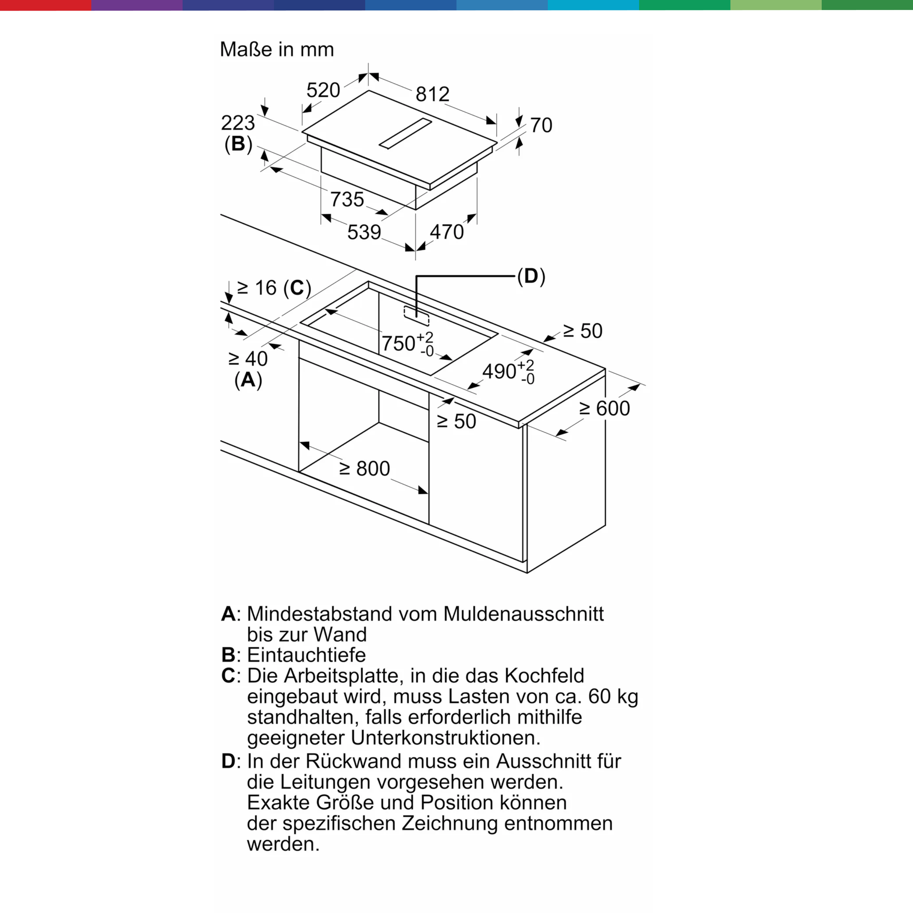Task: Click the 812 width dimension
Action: coord(432,94)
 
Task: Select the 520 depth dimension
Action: coord(323,90)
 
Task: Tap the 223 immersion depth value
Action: coord(238,123)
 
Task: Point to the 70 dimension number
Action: coord(541,125)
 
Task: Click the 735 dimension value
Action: coord(347,199)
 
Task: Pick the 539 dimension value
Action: coord(364,232)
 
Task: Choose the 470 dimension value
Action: coord(446,232)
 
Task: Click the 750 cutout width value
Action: coord(399,344)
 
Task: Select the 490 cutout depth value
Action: coord(499,372)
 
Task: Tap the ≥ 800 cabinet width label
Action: coord(365,469)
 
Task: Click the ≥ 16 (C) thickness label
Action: coord(273,288)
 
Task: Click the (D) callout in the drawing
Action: coord(531,276)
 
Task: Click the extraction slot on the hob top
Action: coord(405,133)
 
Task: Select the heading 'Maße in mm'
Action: coord(277,50)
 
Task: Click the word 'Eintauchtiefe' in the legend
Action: coord(306,655)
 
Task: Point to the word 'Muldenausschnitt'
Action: coord(523,614)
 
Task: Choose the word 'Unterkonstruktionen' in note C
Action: coord(445,738)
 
